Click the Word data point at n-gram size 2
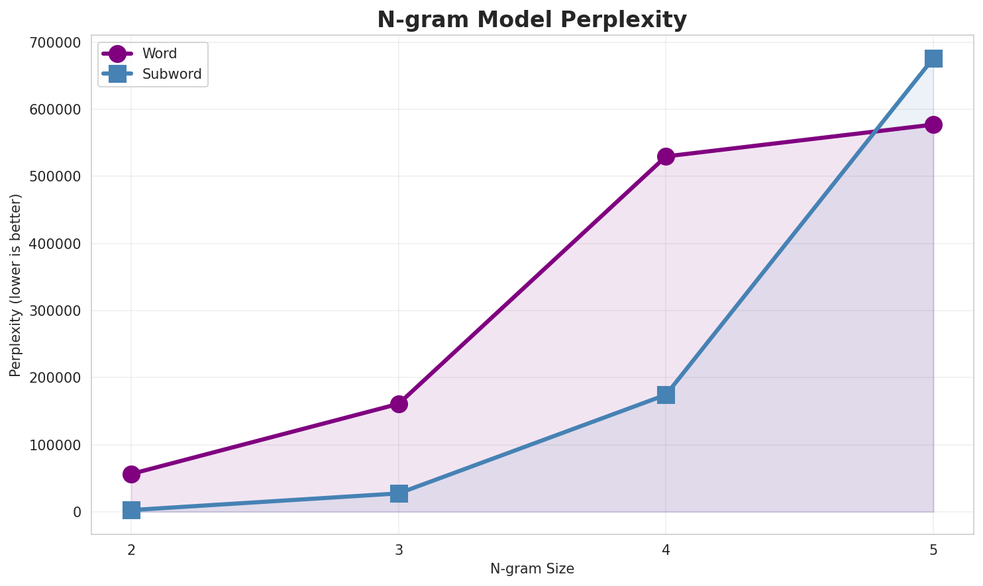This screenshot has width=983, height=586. tap(131, 474)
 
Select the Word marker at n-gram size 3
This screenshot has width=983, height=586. tap(399, 404)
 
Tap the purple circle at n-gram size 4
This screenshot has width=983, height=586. tap(666, 156)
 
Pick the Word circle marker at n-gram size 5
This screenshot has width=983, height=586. tap(933, 124)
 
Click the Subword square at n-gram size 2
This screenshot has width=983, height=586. tap(131, 510)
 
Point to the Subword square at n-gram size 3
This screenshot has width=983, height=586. tap(399, 493)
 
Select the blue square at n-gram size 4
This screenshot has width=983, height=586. tap(666, 395)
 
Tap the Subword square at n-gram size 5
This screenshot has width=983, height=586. tap(933, 58)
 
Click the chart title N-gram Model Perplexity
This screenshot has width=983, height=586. tap(532, 20)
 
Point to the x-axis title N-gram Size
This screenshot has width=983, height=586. tap(532, 569)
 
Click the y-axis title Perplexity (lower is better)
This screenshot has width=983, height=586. tap(16, 285)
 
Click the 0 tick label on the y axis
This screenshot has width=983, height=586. tap(78, 512)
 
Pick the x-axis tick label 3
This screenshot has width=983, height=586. tap(399, 550)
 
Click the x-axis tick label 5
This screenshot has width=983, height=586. tap(933, 550)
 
